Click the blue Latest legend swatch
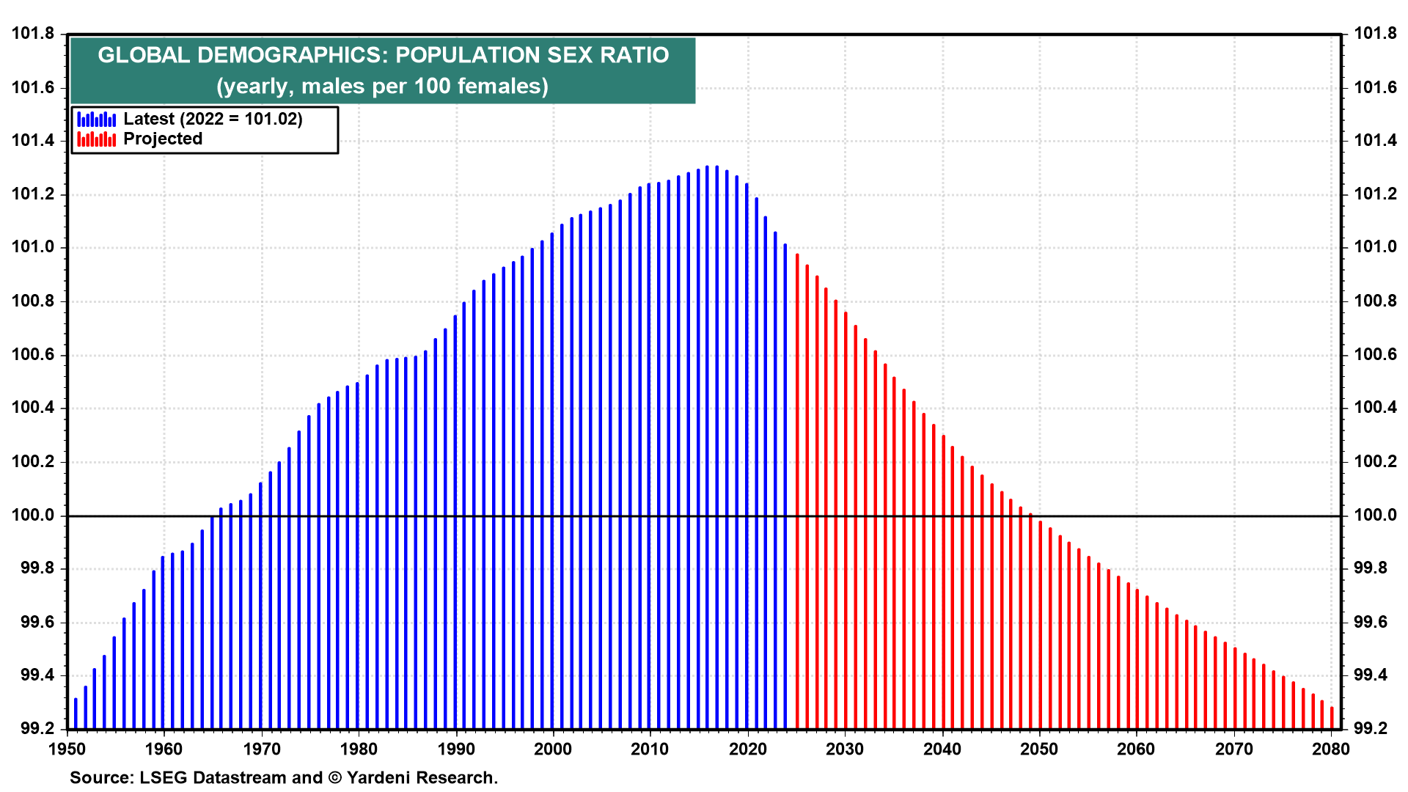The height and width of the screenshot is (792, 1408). (x=97, y=119)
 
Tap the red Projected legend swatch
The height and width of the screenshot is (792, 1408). (x=97, y=139)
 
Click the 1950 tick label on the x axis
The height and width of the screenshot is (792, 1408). (x=67, y=749)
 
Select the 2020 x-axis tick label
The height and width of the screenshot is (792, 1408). (x=748, y=749)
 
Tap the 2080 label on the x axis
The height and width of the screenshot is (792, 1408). (x=1331, y=749)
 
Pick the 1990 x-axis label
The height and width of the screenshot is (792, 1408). (x=456, y=749)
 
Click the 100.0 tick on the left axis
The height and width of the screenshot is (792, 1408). (x=33, y=516)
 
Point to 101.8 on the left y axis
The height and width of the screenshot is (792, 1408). (x=33, y=34)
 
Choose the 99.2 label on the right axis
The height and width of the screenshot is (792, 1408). (x=1371, y=729)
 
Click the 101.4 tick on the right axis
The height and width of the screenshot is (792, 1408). (x=1375, y=141)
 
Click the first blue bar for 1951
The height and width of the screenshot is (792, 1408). (x=76, y=714)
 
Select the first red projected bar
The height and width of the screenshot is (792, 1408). (x=797, y=491)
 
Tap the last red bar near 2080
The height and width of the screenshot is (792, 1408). (x=1332, y=718)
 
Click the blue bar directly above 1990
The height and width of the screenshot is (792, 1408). (x=455, y=522)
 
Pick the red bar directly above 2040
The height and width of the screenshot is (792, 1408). (x=943, y=582)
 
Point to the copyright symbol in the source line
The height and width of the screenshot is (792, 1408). (x=335, y=778)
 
